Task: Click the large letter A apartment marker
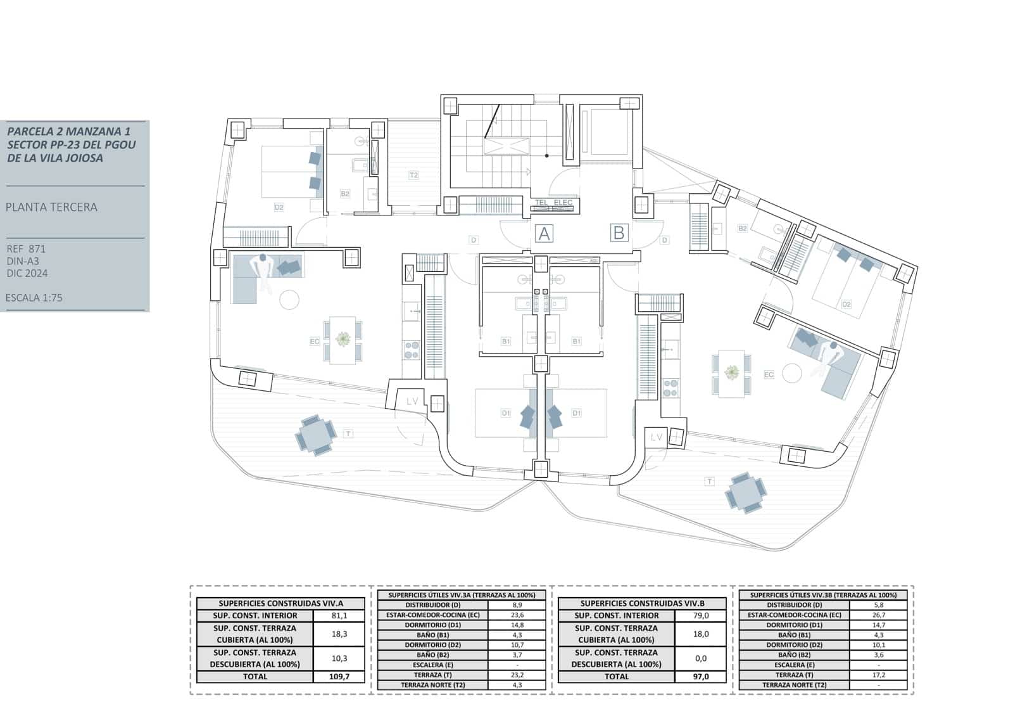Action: [x=544, y=234]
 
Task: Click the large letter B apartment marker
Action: [x=619, y=233]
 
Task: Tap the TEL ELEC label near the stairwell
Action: [x=553, y=203]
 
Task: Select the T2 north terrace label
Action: [x=413, y=175]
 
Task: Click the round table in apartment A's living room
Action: [x=289, y=299]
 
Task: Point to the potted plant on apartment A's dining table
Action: [x=343, y=340]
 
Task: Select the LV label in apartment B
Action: [x=657, y=437]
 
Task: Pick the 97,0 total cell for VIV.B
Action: [x=701, y=677]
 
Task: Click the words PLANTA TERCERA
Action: [x=51, y=207]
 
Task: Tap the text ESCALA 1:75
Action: [x=34, y=298]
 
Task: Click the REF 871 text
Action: [x=26, y=249]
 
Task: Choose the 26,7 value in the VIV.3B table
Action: [x=878, y=615]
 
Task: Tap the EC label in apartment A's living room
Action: [x=315, y=342]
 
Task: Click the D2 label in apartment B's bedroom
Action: [x=846, y=304]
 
